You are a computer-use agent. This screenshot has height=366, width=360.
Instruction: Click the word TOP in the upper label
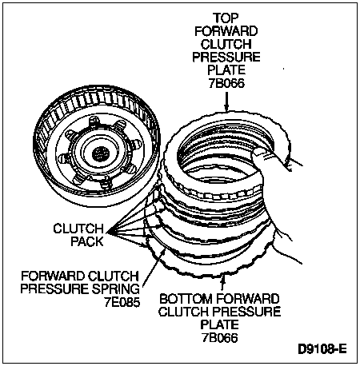click(226, 18)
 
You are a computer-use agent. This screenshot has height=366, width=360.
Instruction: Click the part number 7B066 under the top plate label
click(226, 83)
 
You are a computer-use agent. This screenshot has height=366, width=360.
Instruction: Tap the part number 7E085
click(122, 302)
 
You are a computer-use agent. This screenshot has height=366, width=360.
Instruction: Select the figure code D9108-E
click(322, 349)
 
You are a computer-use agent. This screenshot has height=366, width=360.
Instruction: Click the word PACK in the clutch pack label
click(87, 241)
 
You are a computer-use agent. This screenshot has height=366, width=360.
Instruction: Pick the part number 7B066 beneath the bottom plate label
click(219, 338)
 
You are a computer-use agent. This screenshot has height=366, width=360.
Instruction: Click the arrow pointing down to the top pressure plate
click(226, 101)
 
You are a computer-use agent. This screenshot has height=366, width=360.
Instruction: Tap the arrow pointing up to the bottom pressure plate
click(222, 283)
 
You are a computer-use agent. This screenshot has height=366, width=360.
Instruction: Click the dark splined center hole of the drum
click(101, 153)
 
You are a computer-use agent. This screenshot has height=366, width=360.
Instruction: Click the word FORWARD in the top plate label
click(226, 31)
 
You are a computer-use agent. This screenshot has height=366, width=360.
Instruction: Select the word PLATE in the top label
click(226, 70)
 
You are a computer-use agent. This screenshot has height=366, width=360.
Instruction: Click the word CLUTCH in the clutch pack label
click(78, 229)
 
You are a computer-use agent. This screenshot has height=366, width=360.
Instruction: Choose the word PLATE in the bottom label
click(219, 324)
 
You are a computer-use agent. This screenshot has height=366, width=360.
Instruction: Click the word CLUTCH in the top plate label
click(226, 44)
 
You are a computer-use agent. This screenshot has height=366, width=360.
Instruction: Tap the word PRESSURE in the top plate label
click(226, 58)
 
